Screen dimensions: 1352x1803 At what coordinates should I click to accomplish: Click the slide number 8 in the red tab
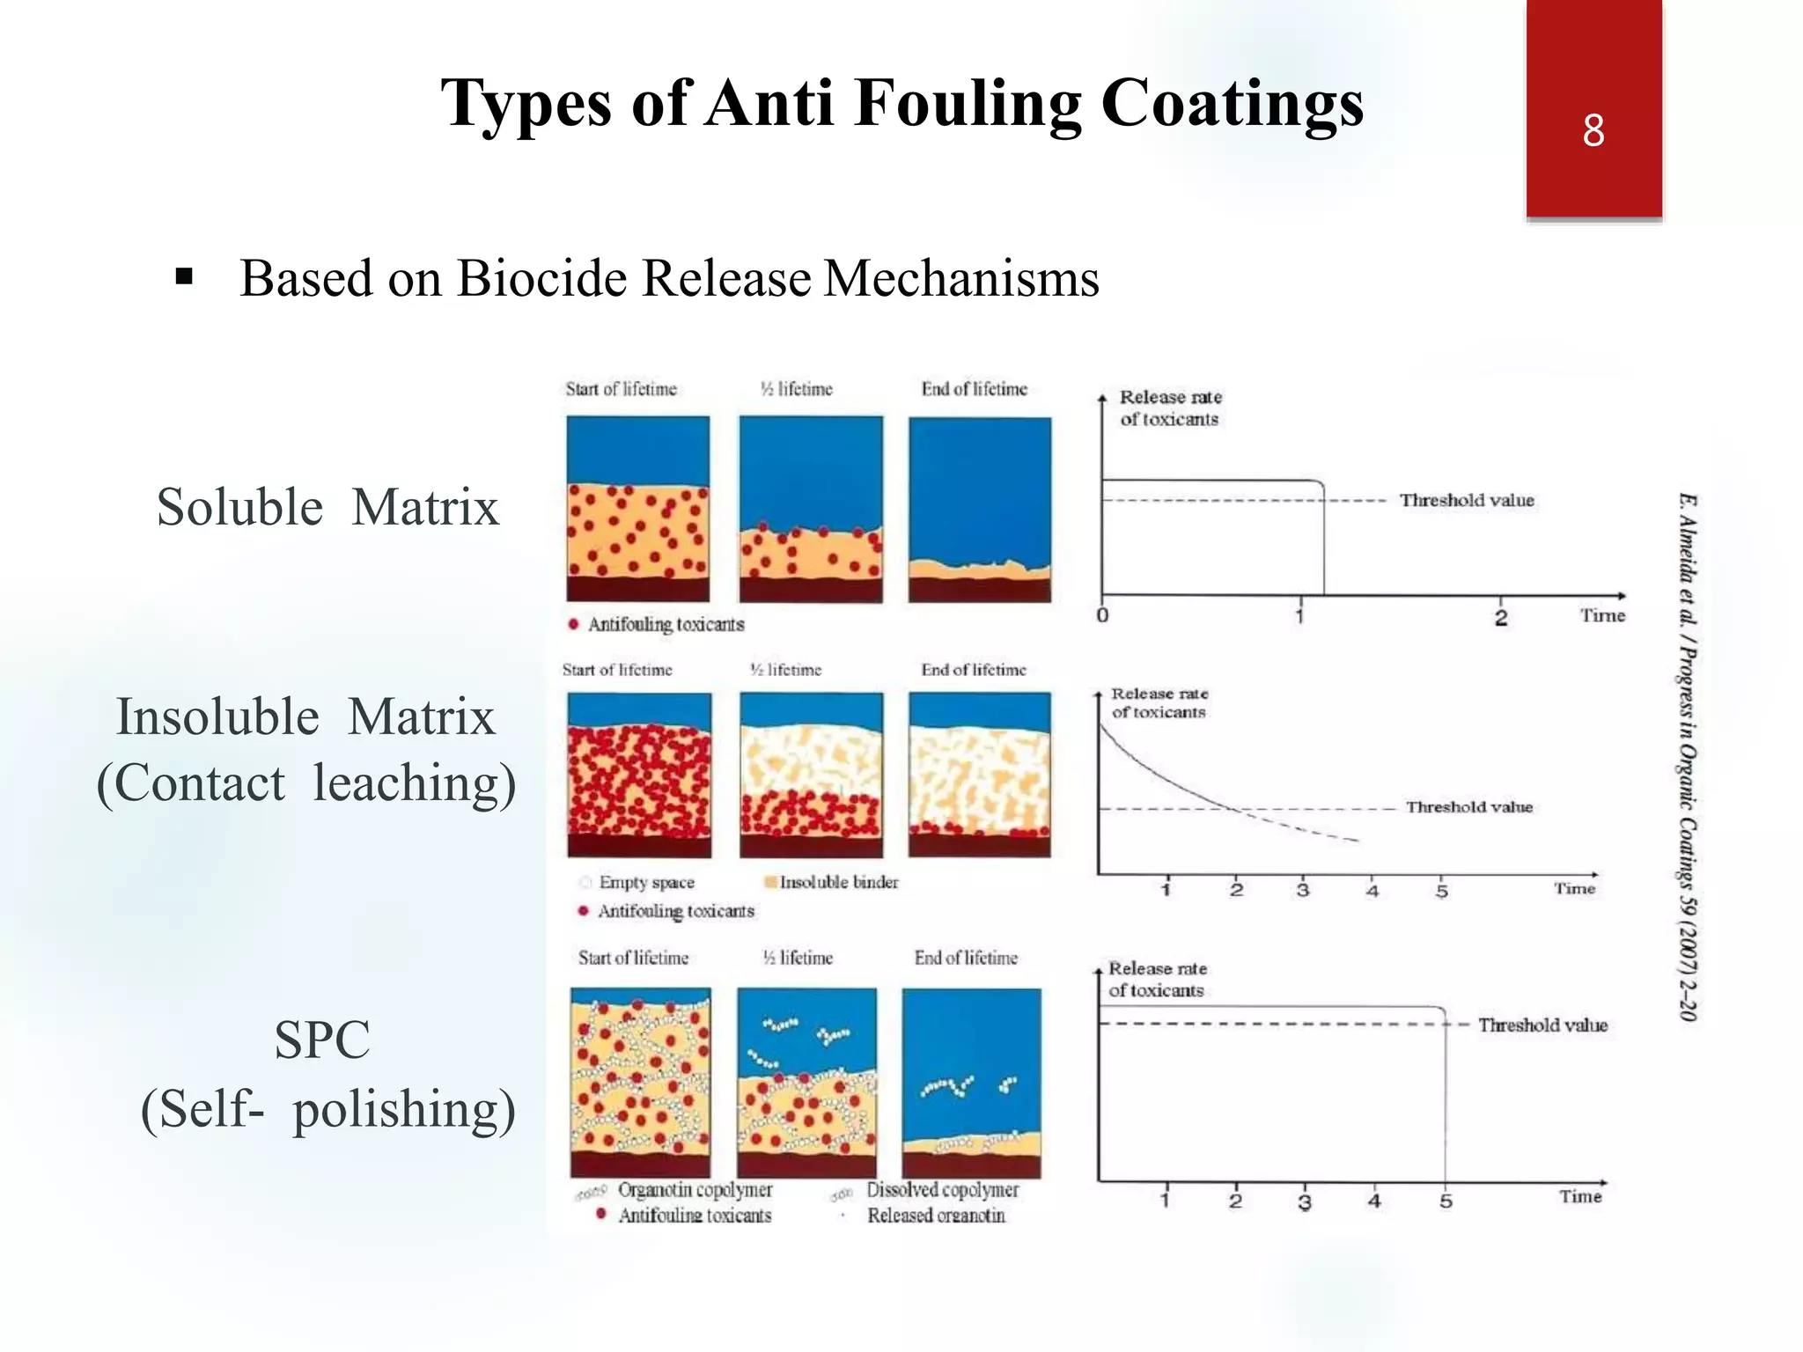point(1593,130)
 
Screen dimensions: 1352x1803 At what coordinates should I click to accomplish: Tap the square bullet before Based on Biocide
point(184,278)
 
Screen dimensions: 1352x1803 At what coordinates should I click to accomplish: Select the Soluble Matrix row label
point(327,507)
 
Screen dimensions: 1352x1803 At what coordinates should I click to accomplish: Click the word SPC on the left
point(321,1040)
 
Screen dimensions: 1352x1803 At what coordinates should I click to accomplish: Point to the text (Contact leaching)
point(305,783)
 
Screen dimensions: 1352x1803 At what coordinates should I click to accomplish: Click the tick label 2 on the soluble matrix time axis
point(1501,618)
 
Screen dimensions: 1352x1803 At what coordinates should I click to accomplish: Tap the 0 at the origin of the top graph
point(1102,616)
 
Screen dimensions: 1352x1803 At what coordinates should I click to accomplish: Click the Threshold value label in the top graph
point(1467,500)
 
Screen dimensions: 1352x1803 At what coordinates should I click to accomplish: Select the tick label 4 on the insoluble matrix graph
point(1372,891)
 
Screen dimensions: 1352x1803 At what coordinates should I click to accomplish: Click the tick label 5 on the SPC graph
point(1446,1201)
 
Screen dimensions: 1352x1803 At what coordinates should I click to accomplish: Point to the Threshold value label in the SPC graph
point(1542,1025)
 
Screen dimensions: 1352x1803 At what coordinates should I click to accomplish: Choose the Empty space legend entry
point(646,882)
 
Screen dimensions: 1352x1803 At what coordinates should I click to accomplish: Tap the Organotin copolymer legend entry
point(694,1190)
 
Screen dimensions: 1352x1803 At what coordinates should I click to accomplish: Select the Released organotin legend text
point(936,1216)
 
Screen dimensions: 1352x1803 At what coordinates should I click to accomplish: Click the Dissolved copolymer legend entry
point(942,1190)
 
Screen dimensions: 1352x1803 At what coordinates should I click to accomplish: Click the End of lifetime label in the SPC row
point(966,958)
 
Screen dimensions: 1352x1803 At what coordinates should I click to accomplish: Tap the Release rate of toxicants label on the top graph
point(1170,408)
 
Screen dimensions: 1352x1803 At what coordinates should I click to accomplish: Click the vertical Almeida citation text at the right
point(1687,757)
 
